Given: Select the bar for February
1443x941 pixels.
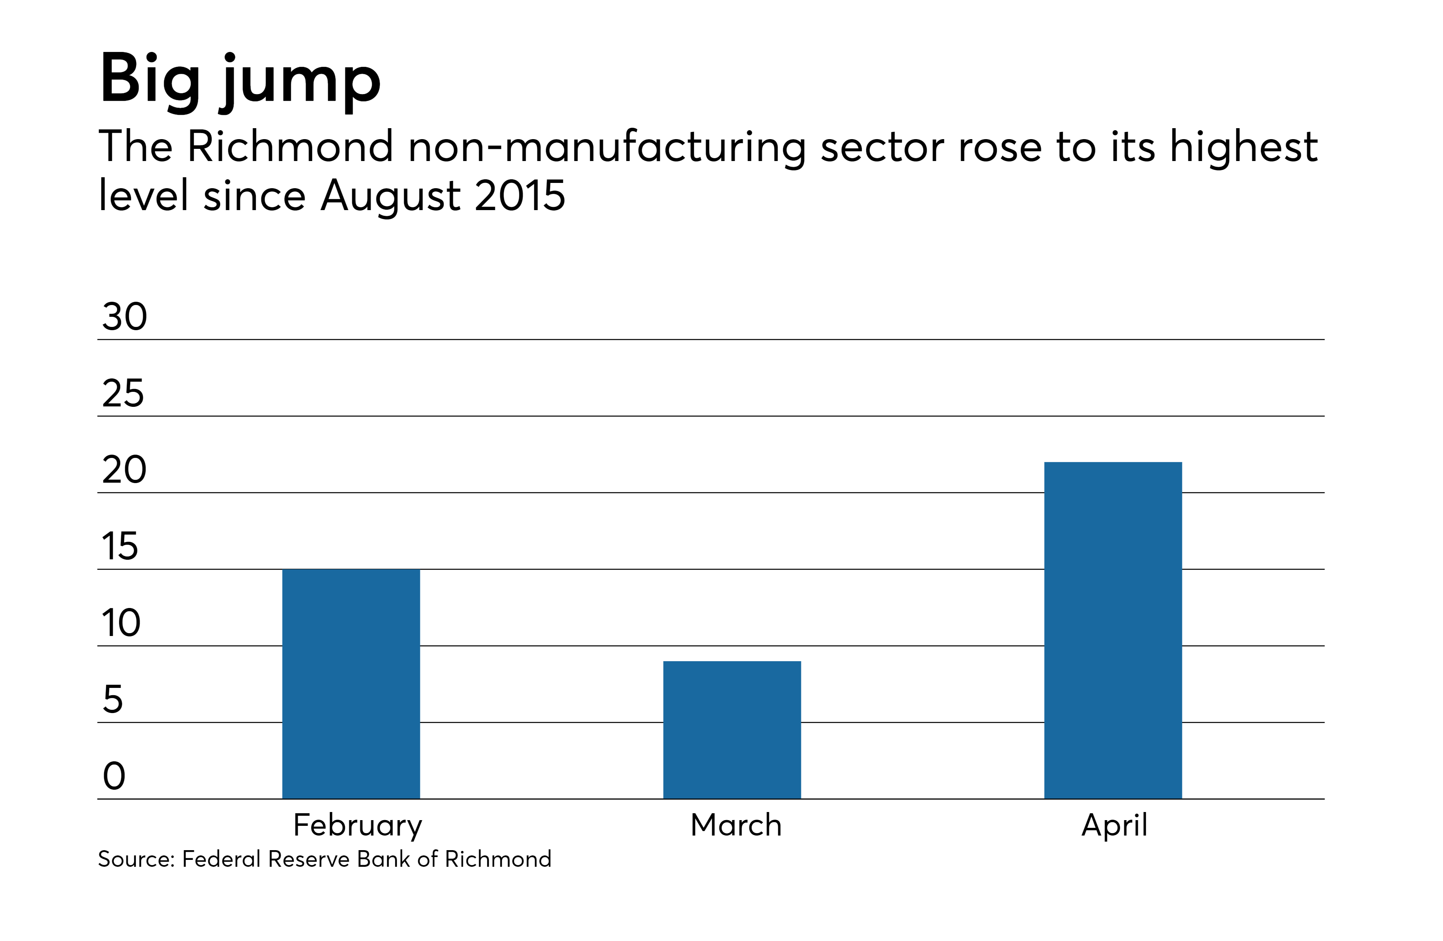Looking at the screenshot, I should point(351,684).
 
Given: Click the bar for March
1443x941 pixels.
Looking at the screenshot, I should point(732,730).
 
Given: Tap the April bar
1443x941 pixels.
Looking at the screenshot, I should point(1113,630).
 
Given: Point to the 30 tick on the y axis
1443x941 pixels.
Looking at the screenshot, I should point(124,317).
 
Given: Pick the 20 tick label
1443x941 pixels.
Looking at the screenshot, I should point(124,470).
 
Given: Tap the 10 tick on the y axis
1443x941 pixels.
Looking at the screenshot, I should point(121,623).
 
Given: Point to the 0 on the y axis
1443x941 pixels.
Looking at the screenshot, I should point(114,776).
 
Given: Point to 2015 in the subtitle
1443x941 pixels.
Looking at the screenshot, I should point(520,196).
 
